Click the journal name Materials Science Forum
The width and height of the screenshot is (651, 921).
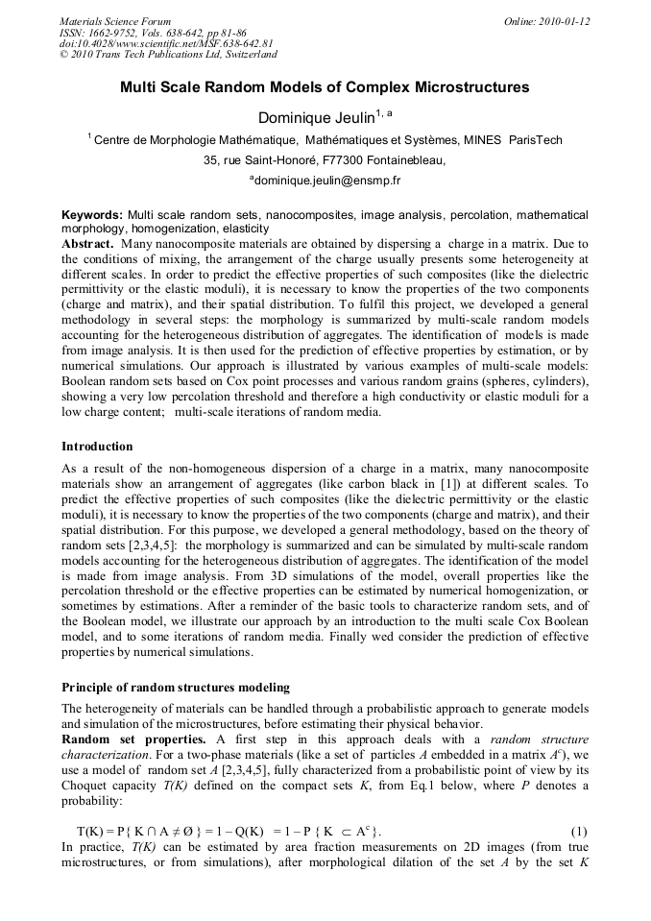[x=115, y=21]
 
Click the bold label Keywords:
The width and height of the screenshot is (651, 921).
[x=92, y=215]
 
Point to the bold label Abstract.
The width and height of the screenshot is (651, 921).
[x=87, y=244]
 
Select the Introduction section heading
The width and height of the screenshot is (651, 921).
[x=97, y=447]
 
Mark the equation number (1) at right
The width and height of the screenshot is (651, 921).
[x=578, y=830]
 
